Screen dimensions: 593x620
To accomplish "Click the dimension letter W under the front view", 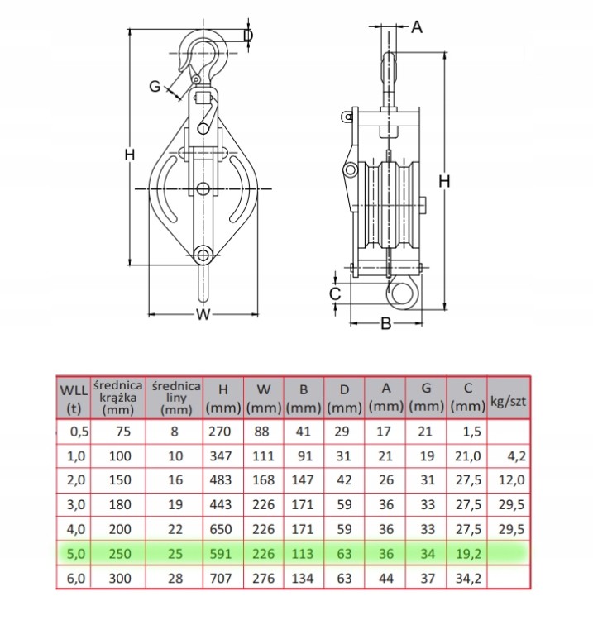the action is (203, 315).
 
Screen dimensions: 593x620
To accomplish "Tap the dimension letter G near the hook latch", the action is (155, 86).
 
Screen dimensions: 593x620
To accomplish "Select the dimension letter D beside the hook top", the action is (248, 36).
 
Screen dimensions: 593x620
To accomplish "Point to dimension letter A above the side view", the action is (417, 27).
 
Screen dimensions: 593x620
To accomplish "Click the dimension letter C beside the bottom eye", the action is (335, 294).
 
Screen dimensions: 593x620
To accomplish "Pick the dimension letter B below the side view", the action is (386, 324).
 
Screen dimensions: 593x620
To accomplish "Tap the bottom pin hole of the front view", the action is (203, 255).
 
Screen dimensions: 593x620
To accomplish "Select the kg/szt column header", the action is (509, 401).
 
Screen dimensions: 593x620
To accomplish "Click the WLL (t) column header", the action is (74, 399).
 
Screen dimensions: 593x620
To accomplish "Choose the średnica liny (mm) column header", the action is (176, 398).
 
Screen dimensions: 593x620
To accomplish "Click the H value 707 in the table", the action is (220, 579).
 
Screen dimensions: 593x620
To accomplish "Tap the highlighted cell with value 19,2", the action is (468, 554).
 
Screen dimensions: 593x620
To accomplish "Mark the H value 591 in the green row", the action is (220, 554).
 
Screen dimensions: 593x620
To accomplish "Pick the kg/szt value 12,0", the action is (511, 480).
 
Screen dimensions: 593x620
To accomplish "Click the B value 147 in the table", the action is (303, 480).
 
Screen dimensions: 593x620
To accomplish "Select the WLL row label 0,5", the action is (79, 432).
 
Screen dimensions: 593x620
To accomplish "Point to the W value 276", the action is (263, 579).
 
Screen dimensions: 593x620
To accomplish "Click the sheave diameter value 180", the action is (120, 505).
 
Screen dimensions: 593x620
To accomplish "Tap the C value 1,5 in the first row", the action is (472, 432).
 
